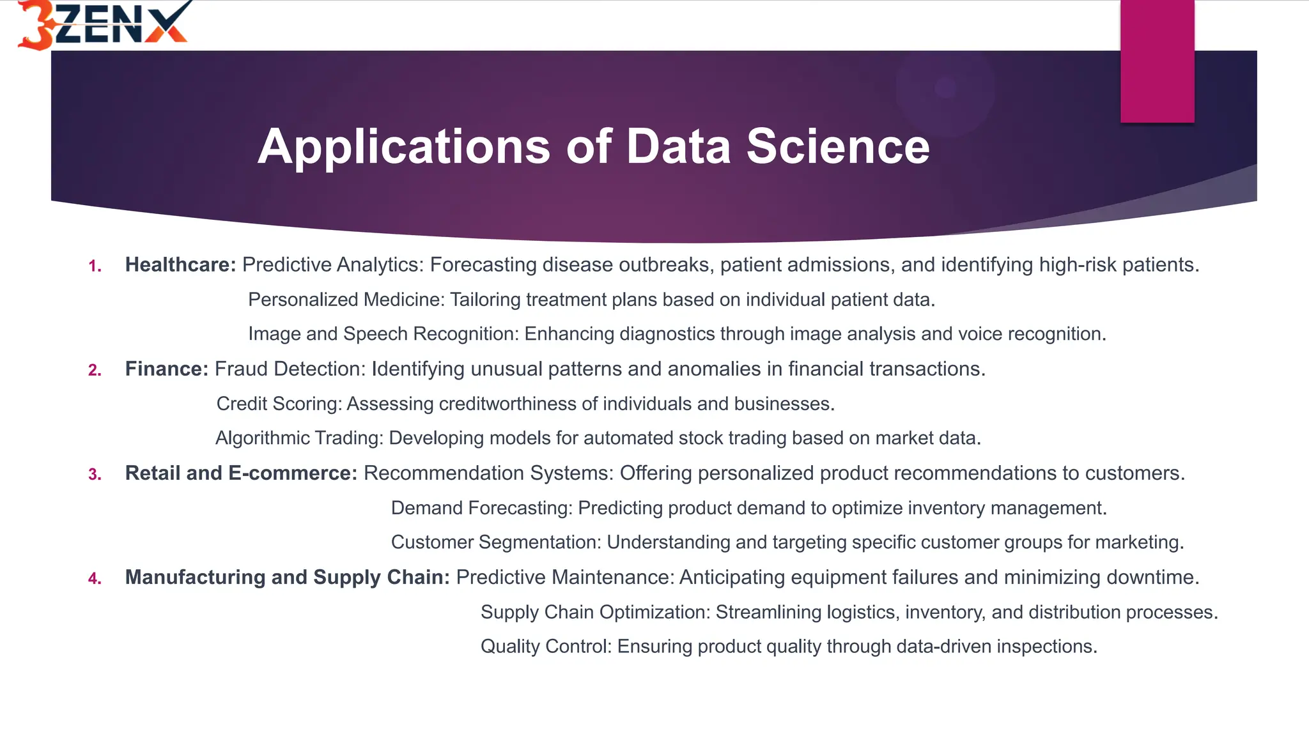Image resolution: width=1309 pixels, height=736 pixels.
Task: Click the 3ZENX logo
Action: coord(102,24)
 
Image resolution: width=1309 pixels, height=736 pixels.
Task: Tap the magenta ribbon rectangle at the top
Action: coord(1157,61)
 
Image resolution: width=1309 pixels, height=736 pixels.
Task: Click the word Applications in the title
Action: coord(403,147)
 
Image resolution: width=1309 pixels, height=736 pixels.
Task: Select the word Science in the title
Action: coord(838,147)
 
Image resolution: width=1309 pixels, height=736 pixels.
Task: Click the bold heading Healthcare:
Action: coord(180,264)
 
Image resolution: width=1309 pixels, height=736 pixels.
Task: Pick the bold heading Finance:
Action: coord(167,369)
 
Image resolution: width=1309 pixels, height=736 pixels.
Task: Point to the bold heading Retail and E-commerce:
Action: coord(241,473)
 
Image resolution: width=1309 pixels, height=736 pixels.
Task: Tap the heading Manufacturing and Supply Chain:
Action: coord(287,577)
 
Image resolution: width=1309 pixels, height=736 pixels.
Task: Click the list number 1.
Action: coord(95,266)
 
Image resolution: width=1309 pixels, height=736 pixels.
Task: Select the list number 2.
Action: coord(95,371)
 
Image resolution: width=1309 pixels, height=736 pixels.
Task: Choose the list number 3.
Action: coord(95,475)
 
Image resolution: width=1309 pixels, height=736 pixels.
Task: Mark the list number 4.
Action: coord(95,579)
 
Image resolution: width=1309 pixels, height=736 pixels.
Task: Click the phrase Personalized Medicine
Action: coord(346,300)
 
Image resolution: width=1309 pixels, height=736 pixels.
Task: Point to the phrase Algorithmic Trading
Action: coord(299,438)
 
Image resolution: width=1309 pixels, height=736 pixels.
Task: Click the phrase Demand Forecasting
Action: coord(481,508)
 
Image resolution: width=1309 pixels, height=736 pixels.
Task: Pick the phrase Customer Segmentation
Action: coord(496,542)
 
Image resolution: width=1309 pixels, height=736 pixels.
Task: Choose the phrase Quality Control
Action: coord(546,647)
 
